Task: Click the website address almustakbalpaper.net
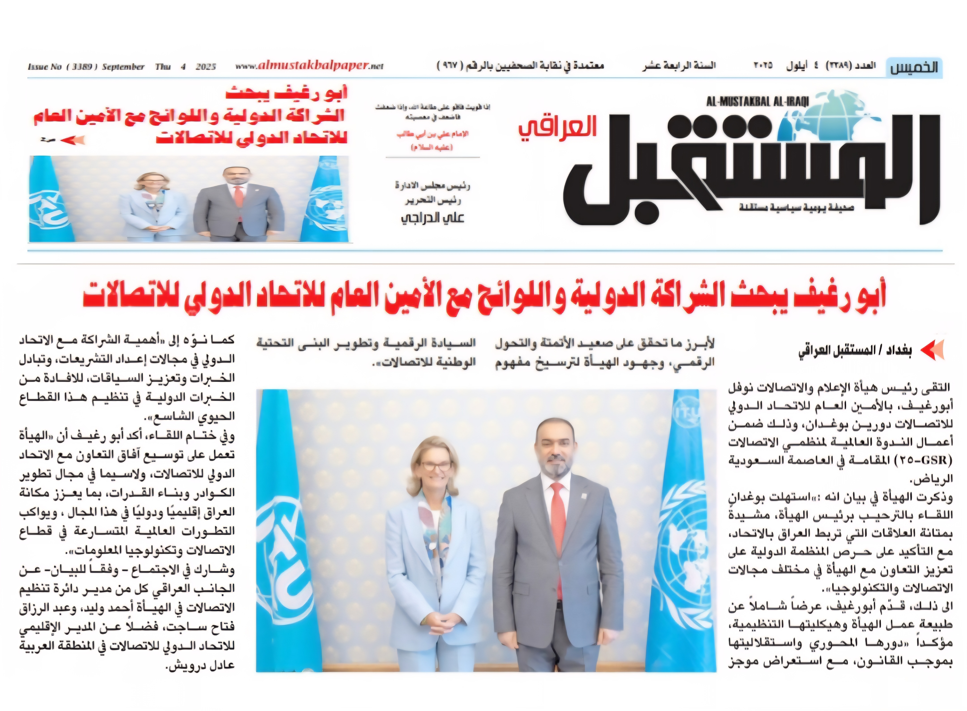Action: [x=309, y=66]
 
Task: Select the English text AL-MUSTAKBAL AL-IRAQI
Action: [x=757, y=102]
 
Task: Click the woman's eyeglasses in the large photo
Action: [x=436, y=466]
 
